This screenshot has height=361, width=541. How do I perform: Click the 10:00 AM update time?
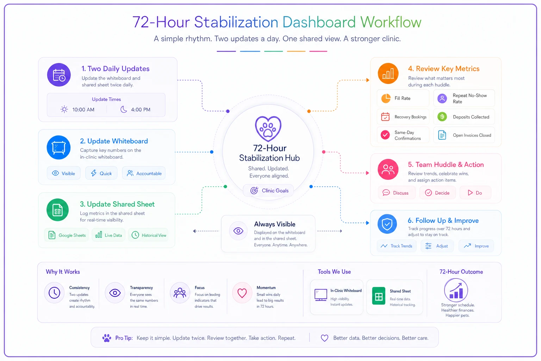83,110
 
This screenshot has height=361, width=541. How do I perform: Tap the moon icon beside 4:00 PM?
124,109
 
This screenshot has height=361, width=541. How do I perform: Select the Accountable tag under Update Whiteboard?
144,173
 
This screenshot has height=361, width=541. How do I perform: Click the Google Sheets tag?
67,235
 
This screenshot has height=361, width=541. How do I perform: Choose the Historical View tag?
148,235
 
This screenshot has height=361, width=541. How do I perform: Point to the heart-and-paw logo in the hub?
268,129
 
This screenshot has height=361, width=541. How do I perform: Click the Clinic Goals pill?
269,190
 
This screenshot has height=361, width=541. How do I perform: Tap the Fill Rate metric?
403,98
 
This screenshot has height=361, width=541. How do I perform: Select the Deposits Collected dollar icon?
442,117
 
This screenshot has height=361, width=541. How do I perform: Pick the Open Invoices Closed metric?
464,135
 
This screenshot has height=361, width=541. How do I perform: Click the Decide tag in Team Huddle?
437,193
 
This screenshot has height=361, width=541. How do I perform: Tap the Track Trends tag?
397,246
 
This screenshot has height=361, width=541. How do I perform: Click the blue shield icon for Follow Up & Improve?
387,224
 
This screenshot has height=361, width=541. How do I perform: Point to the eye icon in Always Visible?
238,231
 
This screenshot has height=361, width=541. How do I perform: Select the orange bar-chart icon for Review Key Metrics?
388,74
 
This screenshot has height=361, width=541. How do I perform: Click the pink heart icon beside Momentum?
242,293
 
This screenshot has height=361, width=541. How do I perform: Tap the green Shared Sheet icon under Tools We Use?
379,296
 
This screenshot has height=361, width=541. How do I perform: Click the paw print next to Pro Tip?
106,338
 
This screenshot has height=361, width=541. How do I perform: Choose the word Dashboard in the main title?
319,22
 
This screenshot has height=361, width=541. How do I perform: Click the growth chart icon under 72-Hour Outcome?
456,290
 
